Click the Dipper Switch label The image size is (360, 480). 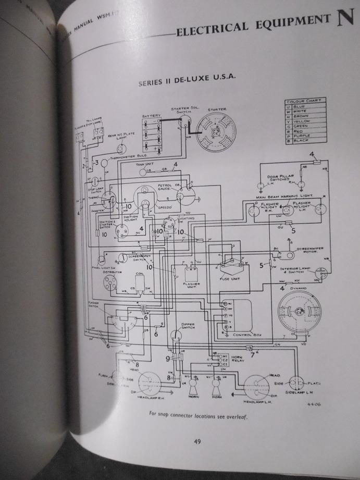pyautogui.click(x=188, y=326)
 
